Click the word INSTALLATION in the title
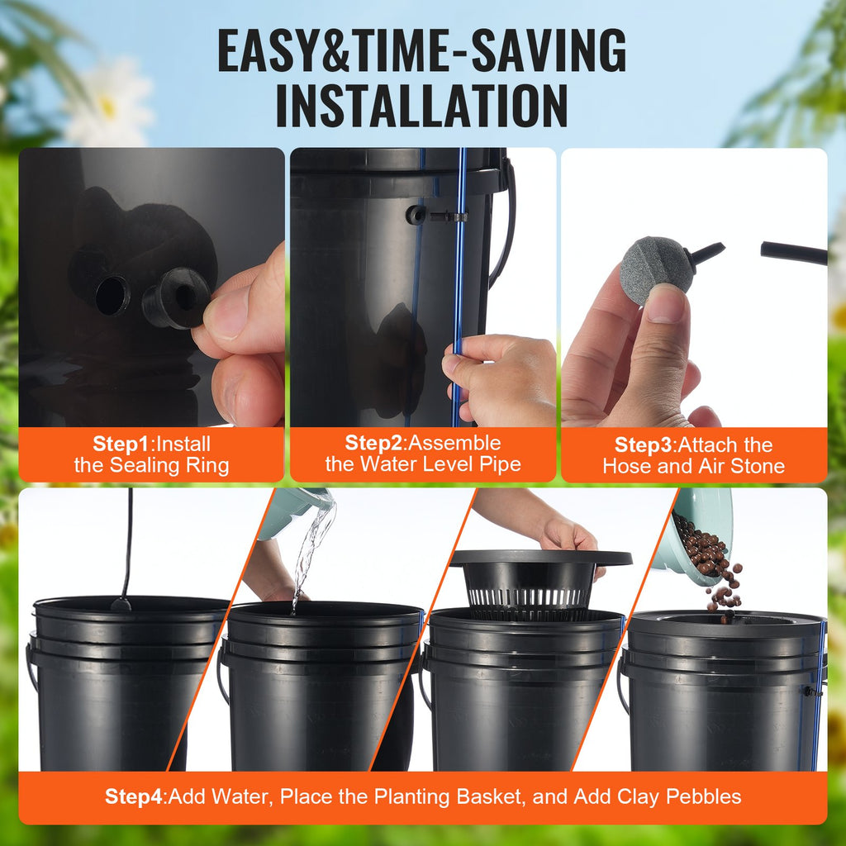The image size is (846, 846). [421, 104]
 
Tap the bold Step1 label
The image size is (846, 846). [123, 444]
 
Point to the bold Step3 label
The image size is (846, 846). [644, 444]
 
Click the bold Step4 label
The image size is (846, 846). [134, 796]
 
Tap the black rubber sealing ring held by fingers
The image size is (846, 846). [176, 298]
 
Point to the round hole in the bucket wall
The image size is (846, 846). [112, 295]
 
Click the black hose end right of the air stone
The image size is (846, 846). [793, 253]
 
